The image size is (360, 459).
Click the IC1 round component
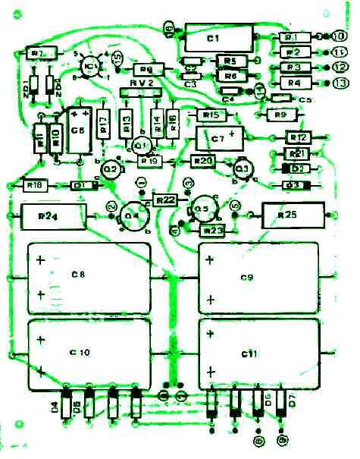tap(91, 67)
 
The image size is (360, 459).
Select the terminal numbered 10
tap(340, 36)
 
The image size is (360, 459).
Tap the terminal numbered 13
tap(340, 82)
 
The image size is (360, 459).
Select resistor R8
tap(149, 68)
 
